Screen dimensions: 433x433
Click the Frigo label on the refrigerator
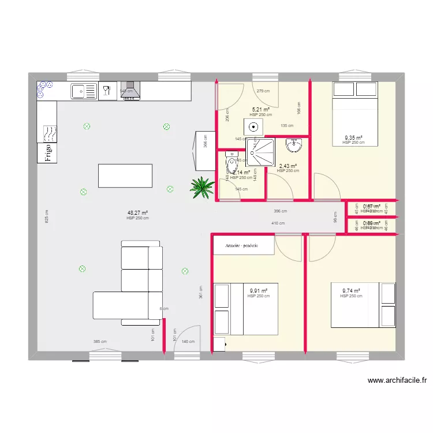(48, 153)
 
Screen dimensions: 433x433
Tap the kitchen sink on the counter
(84, 91)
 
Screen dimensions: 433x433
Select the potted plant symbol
(202, 187)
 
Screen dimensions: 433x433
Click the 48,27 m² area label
(138, 213)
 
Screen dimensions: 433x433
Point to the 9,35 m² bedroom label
(353, 138)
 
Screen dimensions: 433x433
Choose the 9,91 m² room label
(258, 291)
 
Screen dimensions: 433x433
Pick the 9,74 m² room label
(351, 291)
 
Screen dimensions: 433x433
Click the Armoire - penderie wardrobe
(236, 245)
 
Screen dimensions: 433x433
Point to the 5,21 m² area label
(261, 109)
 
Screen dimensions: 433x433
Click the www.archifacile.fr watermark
(397, 380)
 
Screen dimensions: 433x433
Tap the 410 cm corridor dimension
(278, 223)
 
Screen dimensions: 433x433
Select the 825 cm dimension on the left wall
(46, 216)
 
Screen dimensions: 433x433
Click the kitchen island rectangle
(125, 176)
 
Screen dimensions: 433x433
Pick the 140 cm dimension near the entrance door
(188, 342)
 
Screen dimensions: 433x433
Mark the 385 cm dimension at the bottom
(100, 342)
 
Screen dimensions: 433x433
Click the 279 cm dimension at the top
(263, 91)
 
